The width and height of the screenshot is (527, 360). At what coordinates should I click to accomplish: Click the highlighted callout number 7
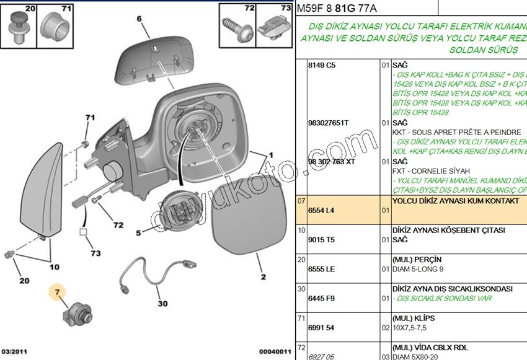pos(57,291)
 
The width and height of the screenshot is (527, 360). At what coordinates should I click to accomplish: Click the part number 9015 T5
pos(321,240)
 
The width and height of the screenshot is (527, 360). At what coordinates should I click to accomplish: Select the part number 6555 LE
pos(321,270)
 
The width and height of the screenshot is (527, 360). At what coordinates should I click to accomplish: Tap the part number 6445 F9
pos(321,299)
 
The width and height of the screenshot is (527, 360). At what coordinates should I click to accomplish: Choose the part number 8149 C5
pos(321,65)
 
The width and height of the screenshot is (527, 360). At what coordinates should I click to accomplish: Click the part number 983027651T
pos(328,123)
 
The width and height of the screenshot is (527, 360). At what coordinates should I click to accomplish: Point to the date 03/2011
pos(14,351)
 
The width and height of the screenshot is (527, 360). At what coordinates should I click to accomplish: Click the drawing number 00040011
pos(275,351)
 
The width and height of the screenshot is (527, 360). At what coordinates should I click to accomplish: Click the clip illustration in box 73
pos(273,27)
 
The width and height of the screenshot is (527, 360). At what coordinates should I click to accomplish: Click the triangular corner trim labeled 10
pos(37,192)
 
